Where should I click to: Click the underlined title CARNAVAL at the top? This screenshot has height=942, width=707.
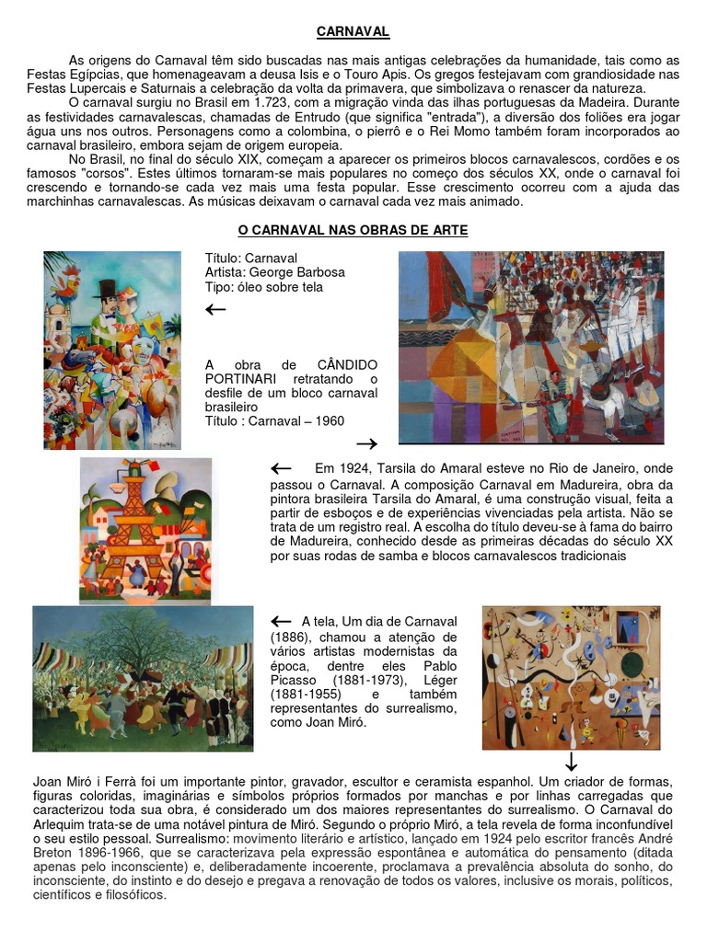[x=353, y=32]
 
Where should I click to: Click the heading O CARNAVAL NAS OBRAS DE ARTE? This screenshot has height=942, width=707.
[x=353, y=230]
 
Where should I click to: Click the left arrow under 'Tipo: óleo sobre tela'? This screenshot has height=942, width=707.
[x=215, y=309]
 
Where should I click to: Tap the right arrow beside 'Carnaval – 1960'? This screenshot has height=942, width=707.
[x=365, y=443]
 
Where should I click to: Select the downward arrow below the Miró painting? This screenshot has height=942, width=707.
[x=571, y=762]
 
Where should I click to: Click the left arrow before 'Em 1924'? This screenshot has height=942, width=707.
[x=281, y=468]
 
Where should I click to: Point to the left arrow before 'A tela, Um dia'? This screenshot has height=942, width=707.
[x=281, y=621]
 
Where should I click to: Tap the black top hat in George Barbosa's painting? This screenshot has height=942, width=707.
[x=107, y=289]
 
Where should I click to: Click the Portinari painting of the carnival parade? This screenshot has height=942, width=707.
[x=530, y=348]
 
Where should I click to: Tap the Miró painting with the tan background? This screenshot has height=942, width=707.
[x=571, y=677]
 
